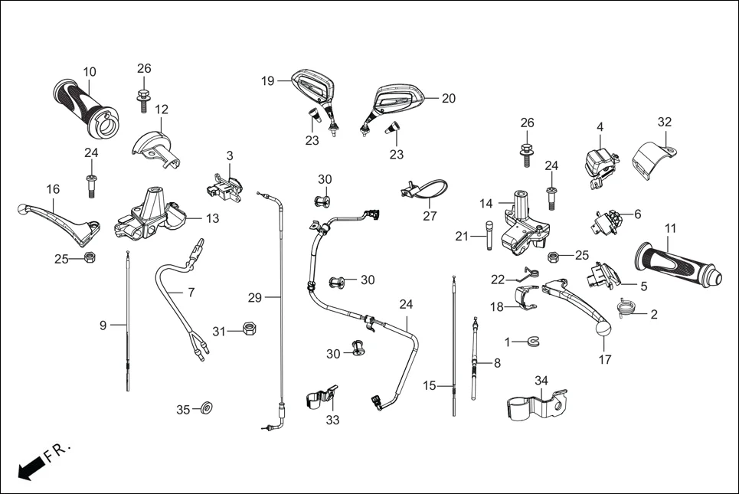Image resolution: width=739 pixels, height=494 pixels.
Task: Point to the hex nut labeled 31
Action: coord(248,329)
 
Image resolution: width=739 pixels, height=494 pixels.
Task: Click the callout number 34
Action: coord(541,380)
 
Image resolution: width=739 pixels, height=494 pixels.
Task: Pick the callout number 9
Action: coord(103,326)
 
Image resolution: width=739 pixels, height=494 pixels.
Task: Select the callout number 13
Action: coord(212,218)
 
